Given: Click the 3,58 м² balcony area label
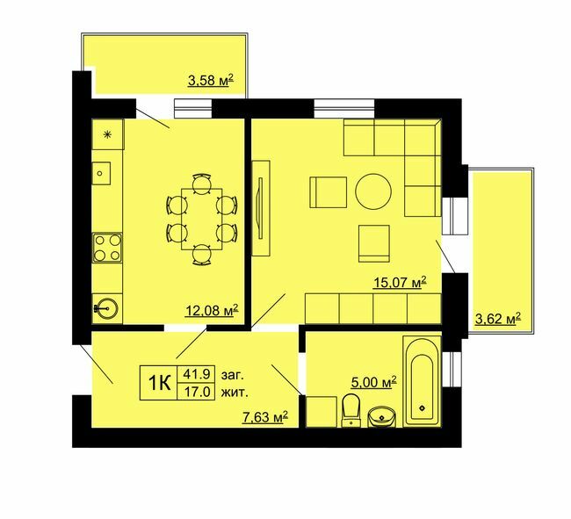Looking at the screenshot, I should coord(210,83).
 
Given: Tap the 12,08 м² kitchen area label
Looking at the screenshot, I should coord(212,309).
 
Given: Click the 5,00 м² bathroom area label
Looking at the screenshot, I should coord(373,381).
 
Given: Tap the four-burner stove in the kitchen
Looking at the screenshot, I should coord(108,245).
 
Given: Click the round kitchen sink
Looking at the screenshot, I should coord(108,307).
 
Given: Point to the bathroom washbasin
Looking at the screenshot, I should coord(381,414).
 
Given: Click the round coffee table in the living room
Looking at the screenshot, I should coord(372,191).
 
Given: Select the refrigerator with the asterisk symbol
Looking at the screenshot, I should coord(108,134).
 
